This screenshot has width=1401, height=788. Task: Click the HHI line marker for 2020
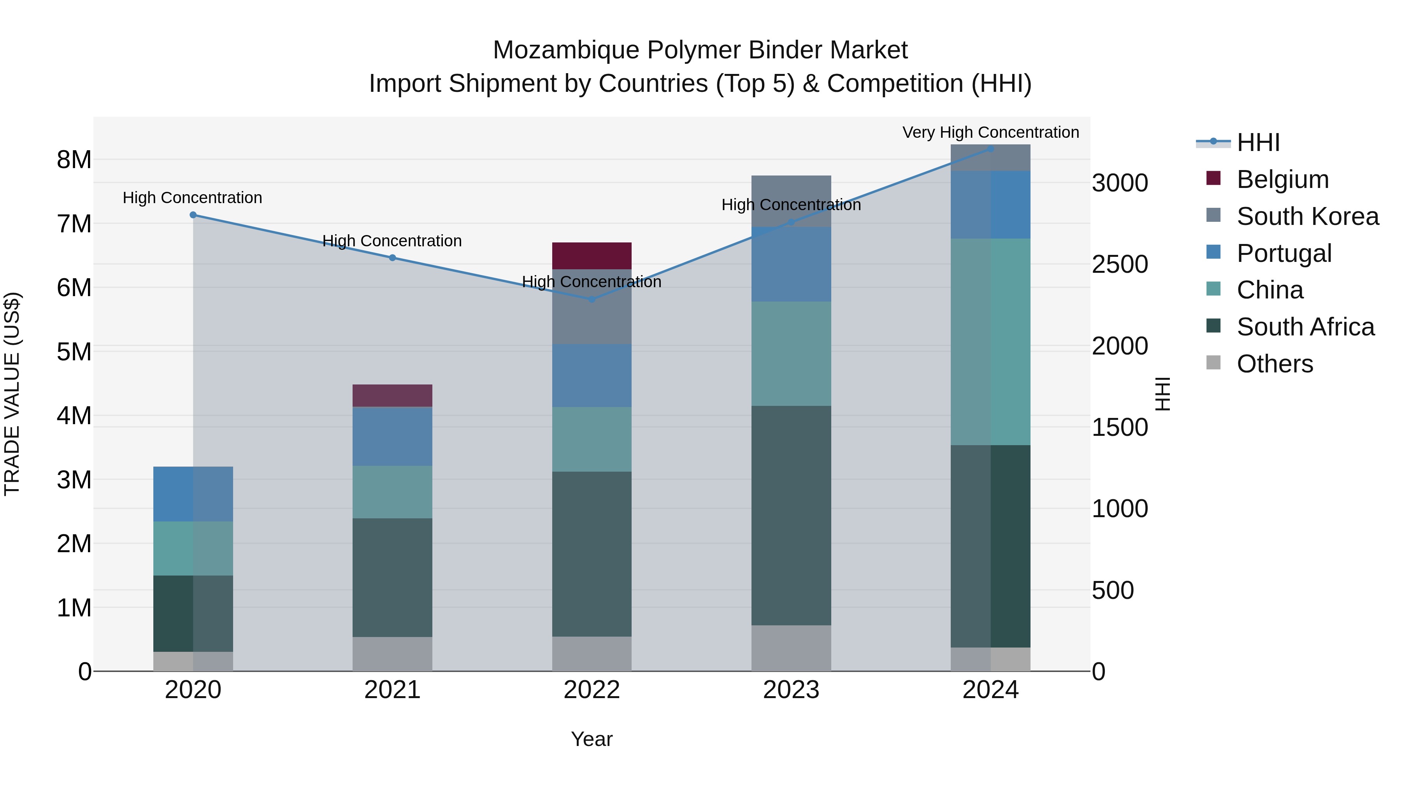coord(193,215)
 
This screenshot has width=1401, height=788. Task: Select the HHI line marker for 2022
coord(592,299)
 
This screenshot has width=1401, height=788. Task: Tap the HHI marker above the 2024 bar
coord(990,149)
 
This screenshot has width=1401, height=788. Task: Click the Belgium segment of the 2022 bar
coord(592,256)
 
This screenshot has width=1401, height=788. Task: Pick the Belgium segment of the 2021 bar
coord(392,395)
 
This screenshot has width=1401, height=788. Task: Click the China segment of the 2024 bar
coord(990,342)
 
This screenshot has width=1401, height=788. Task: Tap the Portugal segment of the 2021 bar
coord(392,436)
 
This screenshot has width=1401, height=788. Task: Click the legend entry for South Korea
coord(1308,216)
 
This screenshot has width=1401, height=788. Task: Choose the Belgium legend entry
coord(1282,179)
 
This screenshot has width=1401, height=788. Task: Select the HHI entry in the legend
coord(1258,142)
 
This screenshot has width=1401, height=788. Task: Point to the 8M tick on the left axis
coord(74,160)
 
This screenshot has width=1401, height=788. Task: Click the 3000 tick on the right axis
coord(1120,183)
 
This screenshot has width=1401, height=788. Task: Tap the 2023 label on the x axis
coord(791,690)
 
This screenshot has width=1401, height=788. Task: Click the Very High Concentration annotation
coord(990,132)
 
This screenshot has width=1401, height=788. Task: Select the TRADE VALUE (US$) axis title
coord(12,394)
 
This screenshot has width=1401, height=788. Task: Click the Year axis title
coord(592,739)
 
